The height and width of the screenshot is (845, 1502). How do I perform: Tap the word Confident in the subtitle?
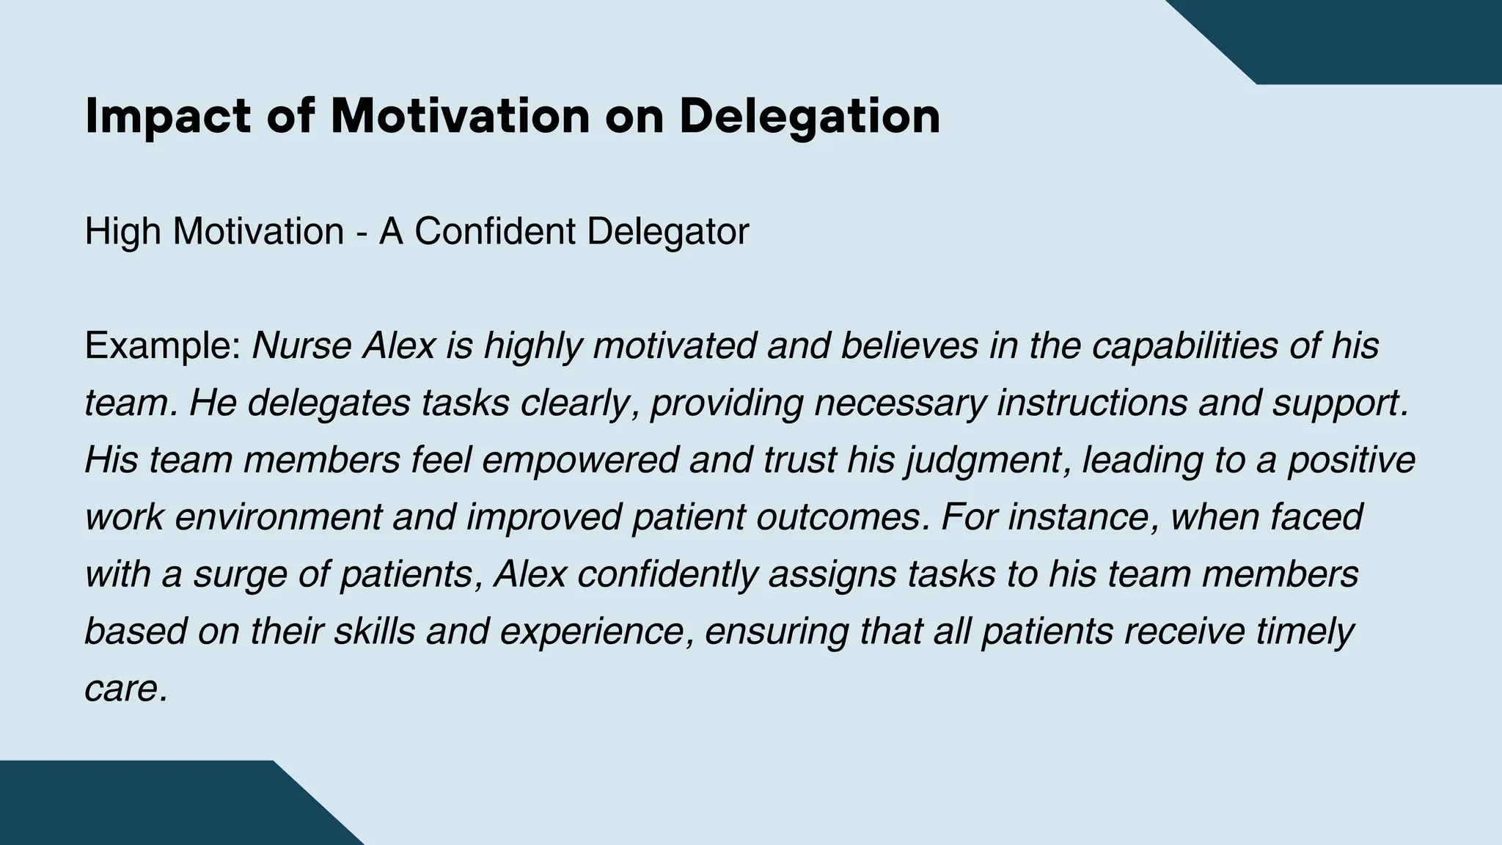coord(496,232)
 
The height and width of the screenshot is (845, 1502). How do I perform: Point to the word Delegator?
coord(668,232)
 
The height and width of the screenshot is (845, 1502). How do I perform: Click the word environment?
coord(278,518)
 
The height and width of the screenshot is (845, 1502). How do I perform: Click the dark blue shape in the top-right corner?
coord(1379,37)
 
